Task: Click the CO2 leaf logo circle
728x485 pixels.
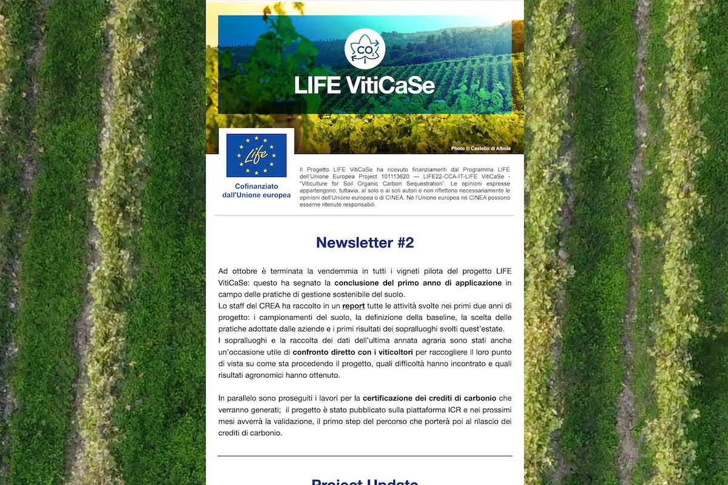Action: pos(365,48)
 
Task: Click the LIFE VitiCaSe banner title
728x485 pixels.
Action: pos(365,85)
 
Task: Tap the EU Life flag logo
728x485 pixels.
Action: pos(256,155)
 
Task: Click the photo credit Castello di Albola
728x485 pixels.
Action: pos(480,149)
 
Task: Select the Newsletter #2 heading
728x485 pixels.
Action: pos(365,242)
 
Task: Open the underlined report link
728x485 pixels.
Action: pos(353,306)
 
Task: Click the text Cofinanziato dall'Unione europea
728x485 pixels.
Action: pos(256,191)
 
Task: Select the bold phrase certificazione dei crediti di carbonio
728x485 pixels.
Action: pos(430,398)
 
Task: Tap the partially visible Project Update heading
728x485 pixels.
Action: pos(365,482)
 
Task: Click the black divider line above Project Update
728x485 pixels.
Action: pos(365,456)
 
